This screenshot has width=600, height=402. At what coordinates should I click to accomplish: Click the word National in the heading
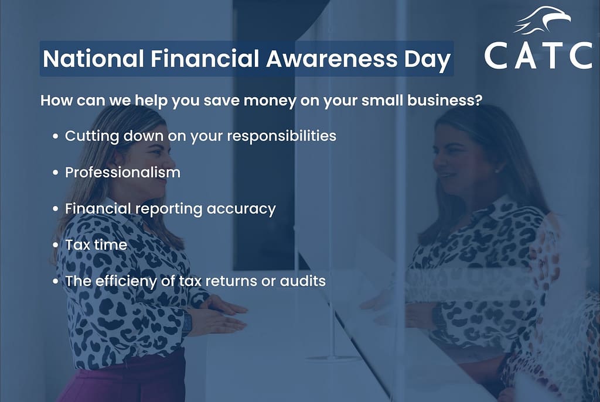[x=93, y=59]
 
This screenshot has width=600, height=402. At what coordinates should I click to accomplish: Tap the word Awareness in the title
[x=332, y=59]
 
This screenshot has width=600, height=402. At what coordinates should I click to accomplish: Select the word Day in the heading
[x=427, y=60]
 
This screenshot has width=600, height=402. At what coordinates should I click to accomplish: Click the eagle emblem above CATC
[x=542, y=20]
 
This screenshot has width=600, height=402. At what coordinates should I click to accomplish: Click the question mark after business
[x=478, y=100]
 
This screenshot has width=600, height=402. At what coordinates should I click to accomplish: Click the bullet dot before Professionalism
[x=56, y=173]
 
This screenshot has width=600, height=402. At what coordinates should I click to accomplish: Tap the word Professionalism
[x=122, y=173]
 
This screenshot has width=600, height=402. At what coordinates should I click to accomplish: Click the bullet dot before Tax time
[x=56, y=245]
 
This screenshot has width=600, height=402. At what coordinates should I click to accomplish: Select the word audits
[x=303, y=281]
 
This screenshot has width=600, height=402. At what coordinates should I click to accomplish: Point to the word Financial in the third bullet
[x=98, y=209]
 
